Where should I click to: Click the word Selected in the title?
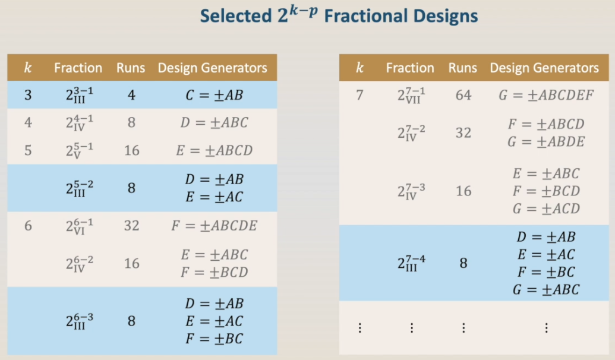point(236,16)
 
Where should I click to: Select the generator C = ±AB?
point(214,95)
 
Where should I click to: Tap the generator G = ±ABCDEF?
point(546,95)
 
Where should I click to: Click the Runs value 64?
point(463,95)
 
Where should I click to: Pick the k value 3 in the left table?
point(28,95)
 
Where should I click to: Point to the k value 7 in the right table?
point(359,95)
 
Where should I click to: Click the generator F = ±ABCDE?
point(214,226)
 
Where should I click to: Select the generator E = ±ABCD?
point(214,150)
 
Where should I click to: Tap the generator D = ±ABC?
point(214,122)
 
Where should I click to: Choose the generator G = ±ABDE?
point(546,141)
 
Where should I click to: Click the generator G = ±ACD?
point(546,209)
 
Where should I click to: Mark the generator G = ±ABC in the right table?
point(546,289)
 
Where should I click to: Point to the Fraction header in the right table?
point(410,68)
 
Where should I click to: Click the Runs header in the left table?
point(131,68)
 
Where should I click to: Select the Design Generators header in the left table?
point(212,68)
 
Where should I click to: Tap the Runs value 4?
point(131,95)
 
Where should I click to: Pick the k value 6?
point(28,226)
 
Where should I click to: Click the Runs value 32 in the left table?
point(131,226)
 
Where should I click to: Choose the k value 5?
point(28,150)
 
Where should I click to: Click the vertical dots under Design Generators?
point(546,328)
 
